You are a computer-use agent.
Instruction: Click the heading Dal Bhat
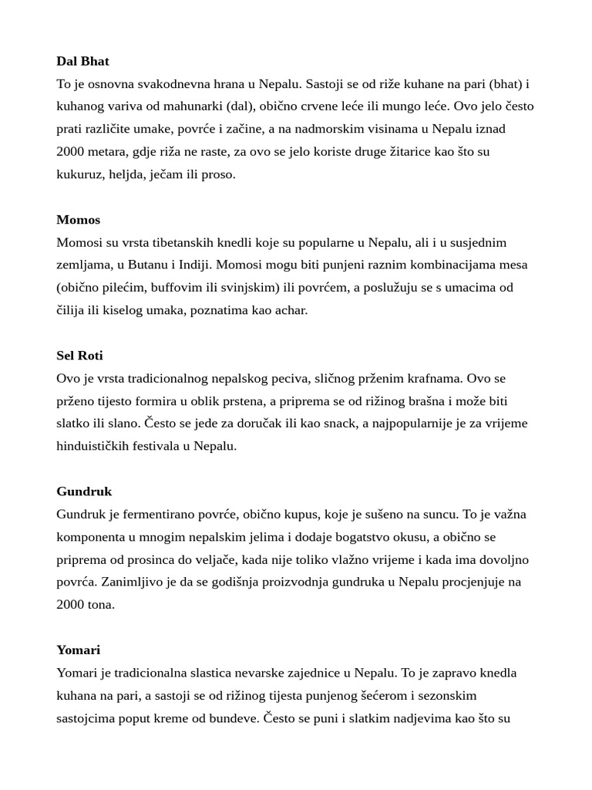(x=82, y=61)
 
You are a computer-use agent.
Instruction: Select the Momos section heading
(x=78, y=220)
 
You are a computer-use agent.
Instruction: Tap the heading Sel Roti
(x=79, y=356)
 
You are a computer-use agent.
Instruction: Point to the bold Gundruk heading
(x=84, y=491)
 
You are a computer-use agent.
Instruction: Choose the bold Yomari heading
(x=78, y=650)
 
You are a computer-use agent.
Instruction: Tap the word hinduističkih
(x=95, y=446)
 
